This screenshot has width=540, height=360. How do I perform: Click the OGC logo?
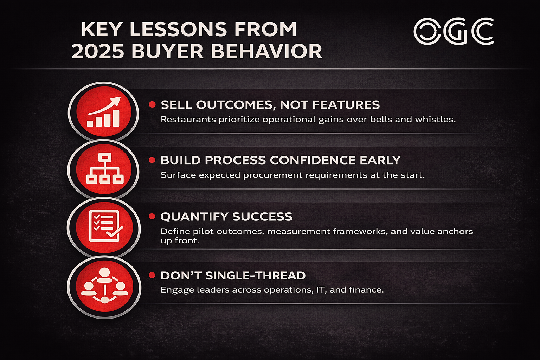[x=454, y=32]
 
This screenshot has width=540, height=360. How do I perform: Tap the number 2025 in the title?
[x=98, y=52]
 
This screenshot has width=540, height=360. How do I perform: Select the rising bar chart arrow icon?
[x=104, y=112]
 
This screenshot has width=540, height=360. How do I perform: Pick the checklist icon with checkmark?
[x=105, y=227]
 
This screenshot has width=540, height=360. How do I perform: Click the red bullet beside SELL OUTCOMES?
[x=152, y=104]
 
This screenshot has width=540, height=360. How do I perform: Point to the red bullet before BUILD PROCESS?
[x=152, y=160]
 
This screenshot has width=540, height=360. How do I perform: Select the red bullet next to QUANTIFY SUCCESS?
[x=152, y=217]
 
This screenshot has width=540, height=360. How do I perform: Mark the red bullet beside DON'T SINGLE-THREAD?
[x=152, y=275]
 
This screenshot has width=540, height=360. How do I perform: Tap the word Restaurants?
[x=188, y=120]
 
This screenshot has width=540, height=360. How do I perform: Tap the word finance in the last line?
[x=366, y=290]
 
